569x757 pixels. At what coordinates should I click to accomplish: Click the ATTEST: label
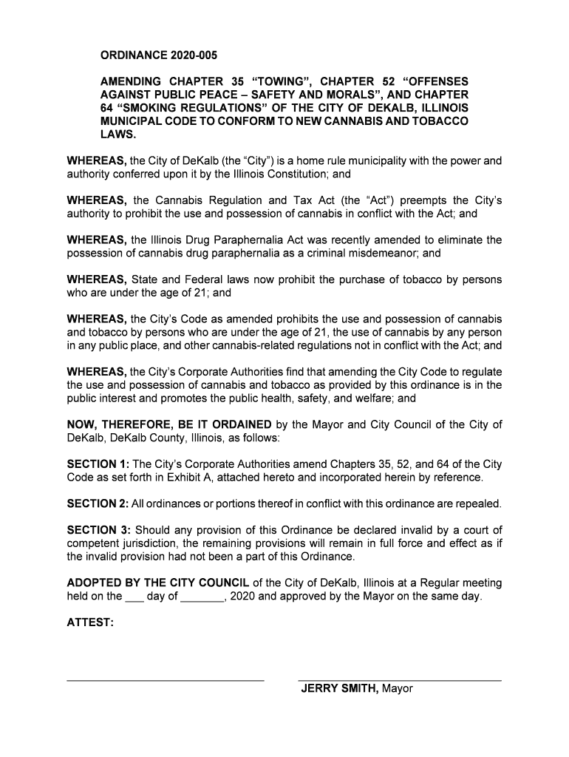[x=90, y=623]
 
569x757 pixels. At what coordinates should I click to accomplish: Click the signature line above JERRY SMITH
[x=399, y=680]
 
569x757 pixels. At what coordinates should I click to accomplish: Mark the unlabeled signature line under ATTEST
[x=166, y=679]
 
